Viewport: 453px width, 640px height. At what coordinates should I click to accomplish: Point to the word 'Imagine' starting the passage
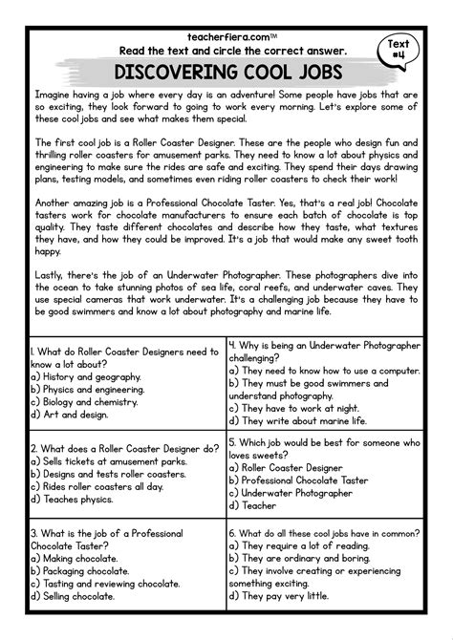53,96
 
